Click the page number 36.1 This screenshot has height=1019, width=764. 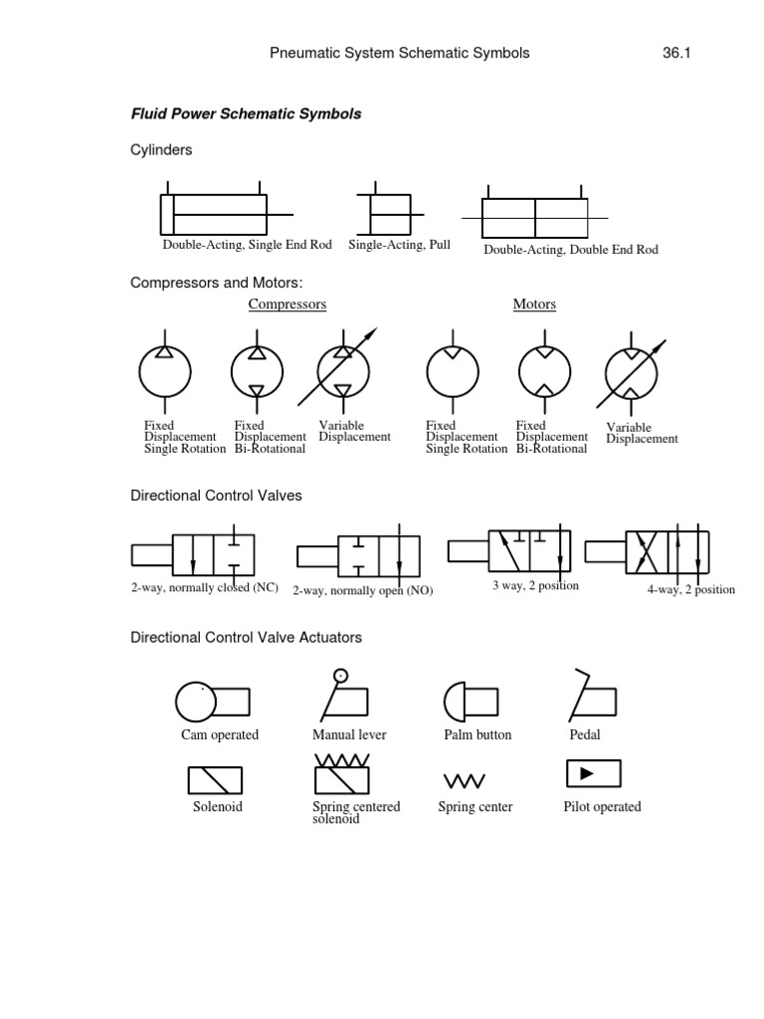point(675,54)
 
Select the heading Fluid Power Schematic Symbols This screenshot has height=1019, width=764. point(246,114)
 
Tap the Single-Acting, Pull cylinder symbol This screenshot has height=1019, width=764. point(390,214)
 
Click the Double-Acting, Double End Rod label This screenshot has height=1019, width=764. point(570,250)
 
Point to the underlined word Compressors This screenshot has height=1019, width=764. point(286,305)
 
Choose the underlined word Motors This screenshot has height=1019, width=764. point(534,305)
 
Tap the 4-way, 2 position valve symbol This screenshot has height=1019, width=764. point(668,550)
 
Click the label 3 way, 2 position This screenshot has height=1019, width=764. point(535,586)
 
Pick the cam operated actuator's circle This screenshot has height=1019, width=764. point(196,702)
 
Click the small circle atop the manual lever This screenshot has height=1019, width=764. point(341,676)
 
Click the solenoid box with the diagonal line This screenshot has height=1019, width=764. point(215,780)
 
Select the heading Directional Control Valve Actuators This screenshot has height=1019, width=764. point(247,637)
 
